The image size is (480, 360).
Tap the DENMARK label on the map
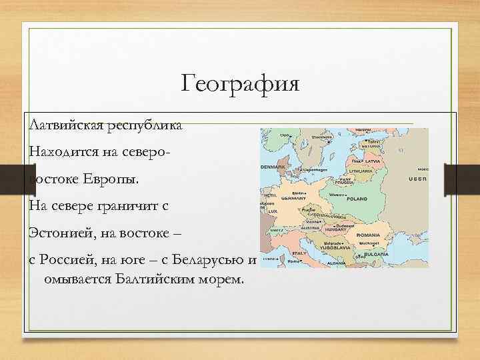[272, 166]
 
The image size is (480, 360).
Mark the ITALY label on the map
[299, 253]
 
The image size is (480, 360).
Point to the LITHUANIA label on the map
[360, 171]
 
